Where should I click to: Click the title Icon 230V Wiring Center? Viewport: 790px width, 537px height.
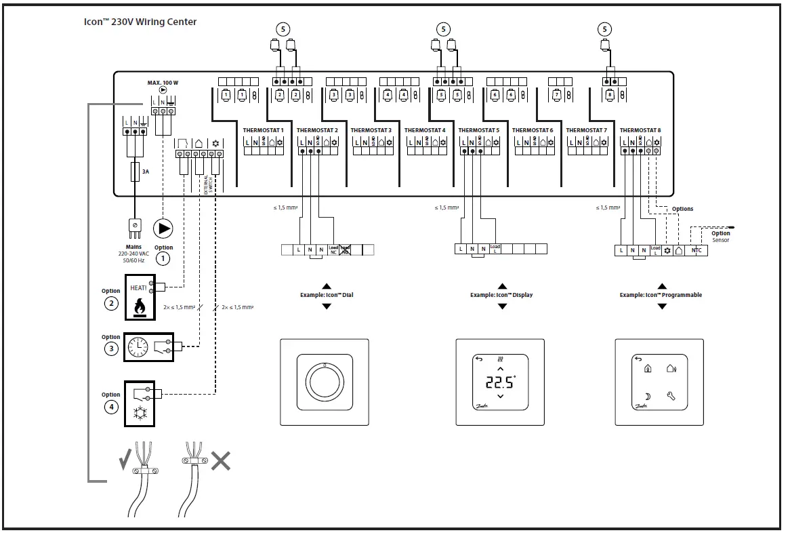tap(140, 22)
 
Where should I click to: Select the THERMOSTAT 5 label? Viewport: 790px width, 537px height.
tap(478, 130)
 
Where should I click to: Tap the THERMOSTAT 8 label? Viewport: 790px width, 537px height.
tap(640, 130)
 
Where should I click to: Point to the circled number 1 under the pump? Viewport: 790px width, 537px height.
tap(163, 258)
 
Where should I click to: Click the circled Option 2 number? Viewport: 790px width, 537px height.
tap(111, 303)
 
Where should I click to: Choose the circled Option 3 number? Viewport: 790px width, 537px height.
tap(111, 349)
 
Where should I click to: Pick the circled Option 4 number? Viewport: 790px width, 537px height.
tap(111, 407)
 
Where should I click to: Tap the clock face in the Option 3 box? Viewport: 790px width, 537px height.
tap(138, 348)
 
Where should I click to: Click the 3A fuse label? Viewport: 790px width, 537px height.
tap(145, 172)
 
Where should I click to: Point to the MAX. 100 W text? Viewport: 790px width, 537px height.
tap(163, 83)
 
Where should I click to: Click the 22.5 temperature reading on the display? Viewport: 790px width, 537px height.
tap(500, 382)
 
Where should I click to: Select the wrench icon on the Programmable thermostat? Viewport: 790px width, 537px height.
tap(671, 395)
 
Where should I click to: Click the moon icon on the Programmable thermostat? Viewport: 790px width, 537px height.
tap(648, 395)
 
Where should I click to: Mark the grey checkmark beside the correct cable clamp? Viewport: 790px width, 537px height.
tap(125, 463)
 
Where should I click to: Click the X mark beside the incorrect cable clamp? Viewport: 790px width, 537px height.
tap(220, 462)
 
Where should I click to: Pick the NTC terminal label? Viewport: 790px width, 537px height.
tap(696, 250)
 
